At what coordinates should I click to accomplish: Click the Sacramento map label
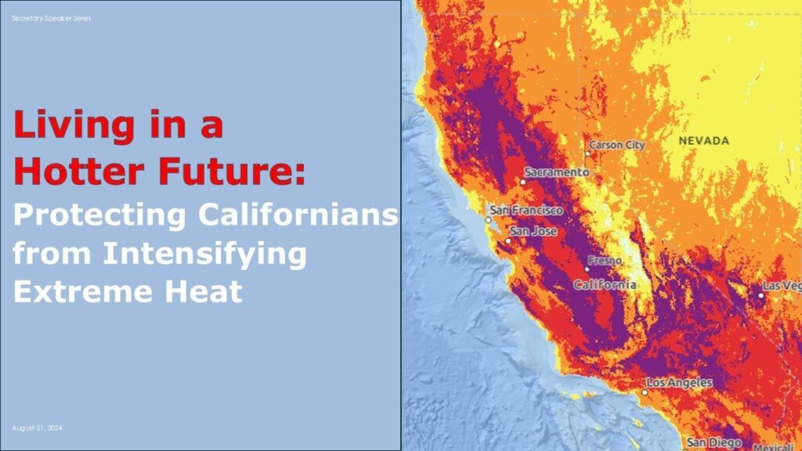557,171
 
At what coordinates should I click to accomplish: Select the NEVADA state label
703,141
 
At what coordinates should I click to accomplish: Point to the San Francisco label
526,211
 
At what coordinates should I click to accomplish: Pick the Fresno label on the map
605,260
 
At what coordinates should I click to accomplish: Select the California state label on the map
605,285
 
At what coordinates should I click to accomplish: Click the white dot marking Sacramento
523,182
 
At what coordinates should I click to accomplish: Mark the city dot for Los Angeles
645,391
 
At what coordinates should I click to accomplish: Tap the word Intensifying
206,253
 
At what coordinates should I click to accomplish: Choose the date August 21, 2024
37,428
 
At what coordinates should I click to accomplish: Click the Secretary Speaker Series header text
51,18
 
